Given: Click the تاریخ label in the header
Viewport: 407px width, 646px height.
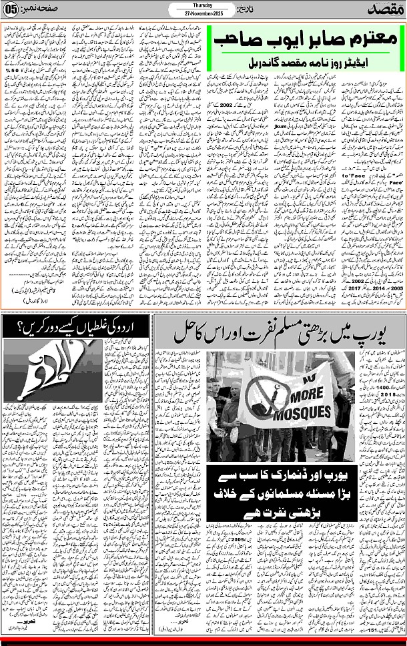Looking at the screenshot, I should pos(248,11).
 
